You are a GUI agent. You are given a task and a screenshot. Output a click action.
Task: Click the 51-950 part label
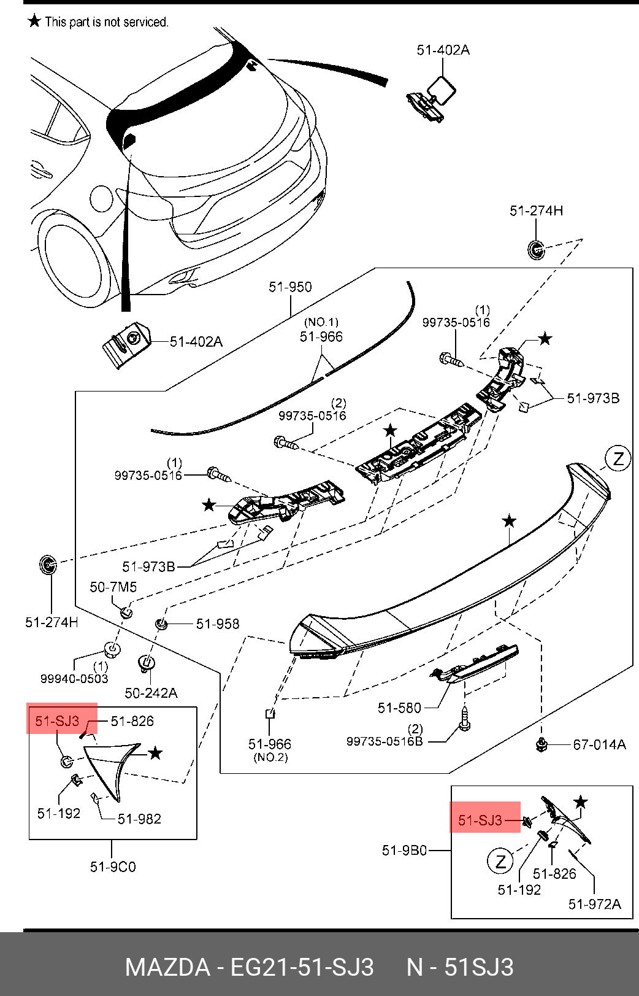[290, 287]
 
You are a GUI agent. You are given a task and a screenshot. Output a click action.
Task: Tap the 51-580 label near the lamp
[399, 708]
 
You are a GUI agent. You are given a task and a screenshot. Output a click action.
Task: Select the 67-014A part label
[600, 744]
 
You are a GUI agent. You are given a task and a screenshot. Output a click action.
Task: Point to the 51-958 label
[218, 624]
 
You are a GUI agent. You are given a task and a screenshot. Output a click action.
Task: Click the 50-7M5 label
[113, 587]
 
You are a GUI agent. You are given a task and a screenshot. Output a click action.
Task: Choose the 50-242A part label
[151, 693]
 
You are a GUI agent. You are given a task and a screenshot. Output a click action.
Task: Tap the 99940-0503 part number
[74, 679]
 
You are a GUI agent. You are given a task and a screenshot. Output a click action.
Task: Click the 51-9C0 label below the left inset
[113, 867]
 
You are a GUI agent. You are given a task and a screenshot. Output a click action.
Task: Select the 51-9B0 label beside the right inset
[404, 850]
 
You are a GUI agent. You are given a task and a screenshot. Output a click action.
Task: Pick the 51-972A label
[595, 904]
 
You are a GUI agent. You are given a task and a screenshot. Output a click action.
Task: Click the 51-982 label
[139, 819]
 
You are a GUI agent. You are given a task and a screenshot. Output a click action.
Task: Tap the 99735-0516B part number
[385, 741]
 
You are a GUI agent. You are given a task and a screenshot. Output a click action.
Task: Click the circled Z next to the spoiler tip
[618, 458]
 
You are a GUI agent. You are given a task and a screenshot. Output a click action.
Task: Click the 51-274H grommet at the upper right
[536, 250]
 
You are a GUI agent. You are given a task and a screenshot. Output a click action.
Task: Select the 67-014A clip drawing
[541, 744]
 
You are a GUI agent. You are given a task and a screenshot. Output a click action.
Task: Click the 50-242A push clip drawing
[147, 663]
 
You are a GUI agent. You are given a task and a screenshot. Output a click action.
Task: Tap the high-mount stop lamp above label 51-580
[474, 663]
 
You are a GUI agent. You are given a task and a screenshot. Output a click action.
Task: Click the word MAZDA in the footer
[167, 967]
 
